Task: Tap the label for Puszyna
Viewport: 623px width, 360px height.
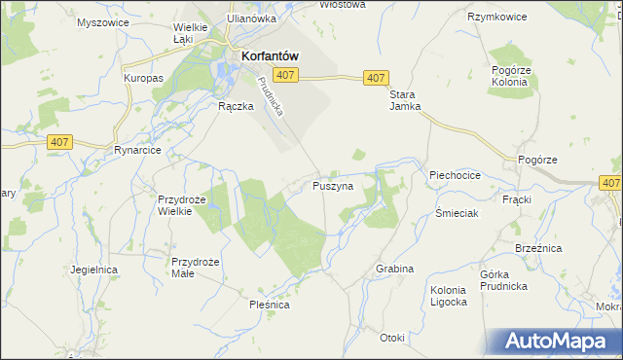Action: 333,185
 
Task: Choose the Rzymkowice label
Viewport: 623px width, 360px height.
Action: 496,18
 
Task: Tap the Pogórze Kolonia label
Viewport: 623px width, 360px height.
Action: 509,77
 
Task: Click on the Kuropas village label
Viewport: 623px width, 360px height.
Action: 142,77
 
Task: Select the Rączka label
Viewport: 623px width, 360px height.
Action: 236,107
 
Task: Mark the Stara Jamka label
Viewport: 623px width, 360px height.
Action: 405,100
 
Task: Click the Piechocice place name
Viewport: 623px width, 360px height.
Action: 455,175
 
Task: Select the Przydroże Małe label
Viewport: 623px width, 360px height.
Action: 196,268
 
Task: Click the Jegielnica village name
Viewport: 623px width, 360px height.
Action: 93,269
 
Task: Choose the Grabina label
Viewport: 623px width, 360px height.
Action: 394,269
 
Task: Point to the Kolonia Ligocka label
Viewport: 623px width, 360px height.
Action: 449,296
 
